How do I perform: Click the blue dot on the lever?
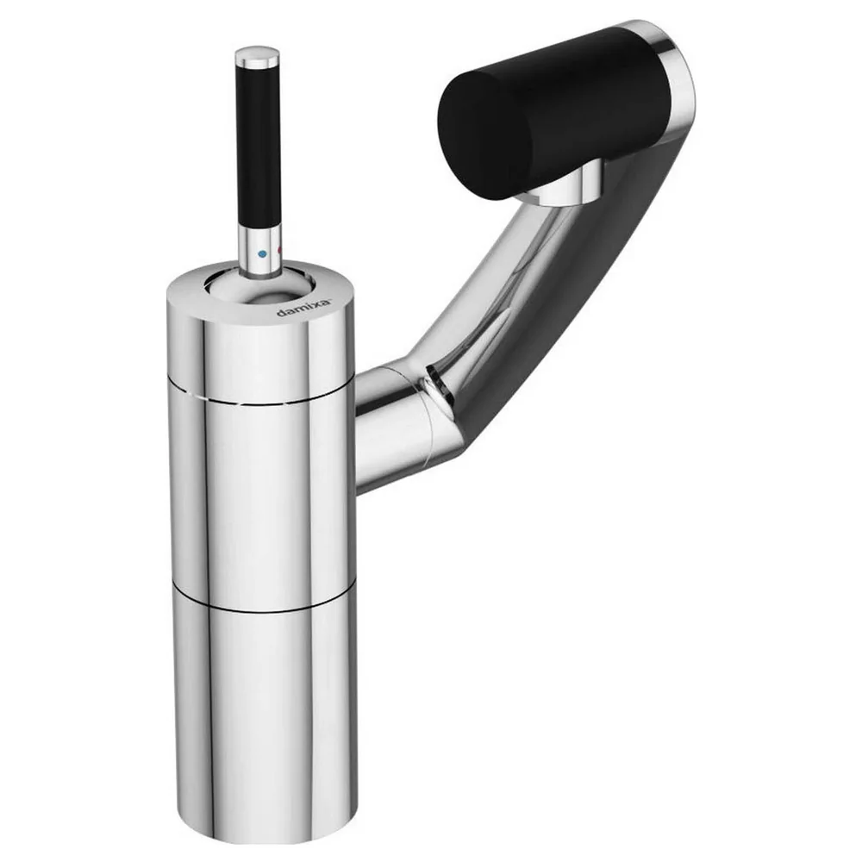pyautogui.click(x=262, y=254)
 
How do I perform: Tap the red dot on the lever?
pyautogui.click(x=279, y=251)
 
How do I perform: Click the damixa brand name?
pyautogui.click(x=304, y=308)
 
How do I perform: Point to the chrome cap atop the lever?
pyautogui.click(x=257, y=57)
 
